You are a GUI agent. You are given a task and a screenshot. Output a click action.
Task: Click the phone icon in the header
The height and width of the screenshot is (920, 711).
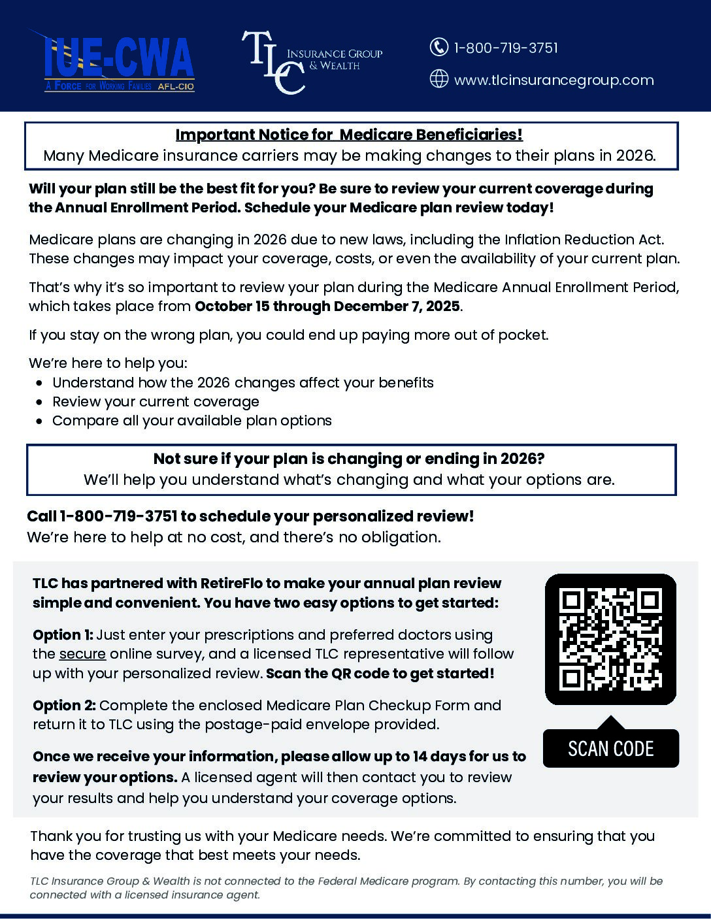[x=438, y=47]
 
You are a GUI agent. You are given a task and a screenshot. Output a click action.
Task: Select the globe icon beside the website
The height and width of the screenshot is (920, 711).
[x=438, y=79]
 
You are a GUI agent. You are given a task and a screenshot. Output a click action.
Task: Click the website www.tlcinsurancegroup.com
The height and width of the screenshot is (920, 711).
[x=554, y=80]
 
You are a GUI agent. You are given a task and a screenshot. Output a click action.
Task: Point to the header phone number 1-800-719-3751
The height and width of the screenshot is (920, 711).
[x=506, y=48]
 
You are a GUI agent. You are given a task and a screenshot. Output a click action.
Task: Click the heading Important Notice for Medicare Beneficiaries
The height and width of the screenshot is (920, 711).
[x=349, y=135]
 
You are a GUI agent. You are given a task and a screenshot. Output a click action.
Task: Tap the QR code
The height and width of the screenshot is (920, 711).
[x=610, y=639]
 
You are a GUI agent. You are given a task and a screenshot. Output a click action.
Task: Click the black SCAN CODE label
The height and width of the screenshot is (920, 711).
[x=610, y=748]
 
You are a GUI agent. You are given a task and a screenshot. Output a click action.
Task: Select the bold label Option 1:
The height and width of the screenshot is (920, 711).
[x=63, y=635]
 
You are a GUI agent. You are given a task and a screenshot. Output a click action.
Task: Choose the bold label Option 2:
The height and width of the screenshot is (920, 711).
[x=64, y=706]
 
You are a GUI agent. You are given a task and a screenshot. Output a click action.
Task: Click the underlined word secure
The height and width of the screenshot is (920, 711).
[x=82, y=654]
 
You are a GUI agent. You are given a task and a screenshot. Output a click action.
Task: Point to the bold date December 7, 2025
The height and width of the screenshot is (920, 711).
[x=397, y=306]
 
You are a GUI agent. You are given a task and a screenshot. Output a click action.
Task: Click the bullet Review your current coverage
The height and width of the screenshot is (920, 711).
[x=156, y=402]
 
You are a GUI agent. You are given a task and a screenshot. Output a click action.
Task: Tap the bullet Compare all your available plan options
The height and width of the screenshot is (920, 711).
[x=192, y=421]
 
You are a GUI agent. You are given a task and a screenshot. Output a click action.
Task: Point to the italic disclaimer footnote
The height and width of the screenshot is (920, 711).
[x=346, y=888]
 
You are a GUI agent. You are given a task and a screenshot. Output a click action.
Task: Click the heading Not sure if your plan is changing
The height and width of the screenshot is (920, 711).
[x=349, y=459]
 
